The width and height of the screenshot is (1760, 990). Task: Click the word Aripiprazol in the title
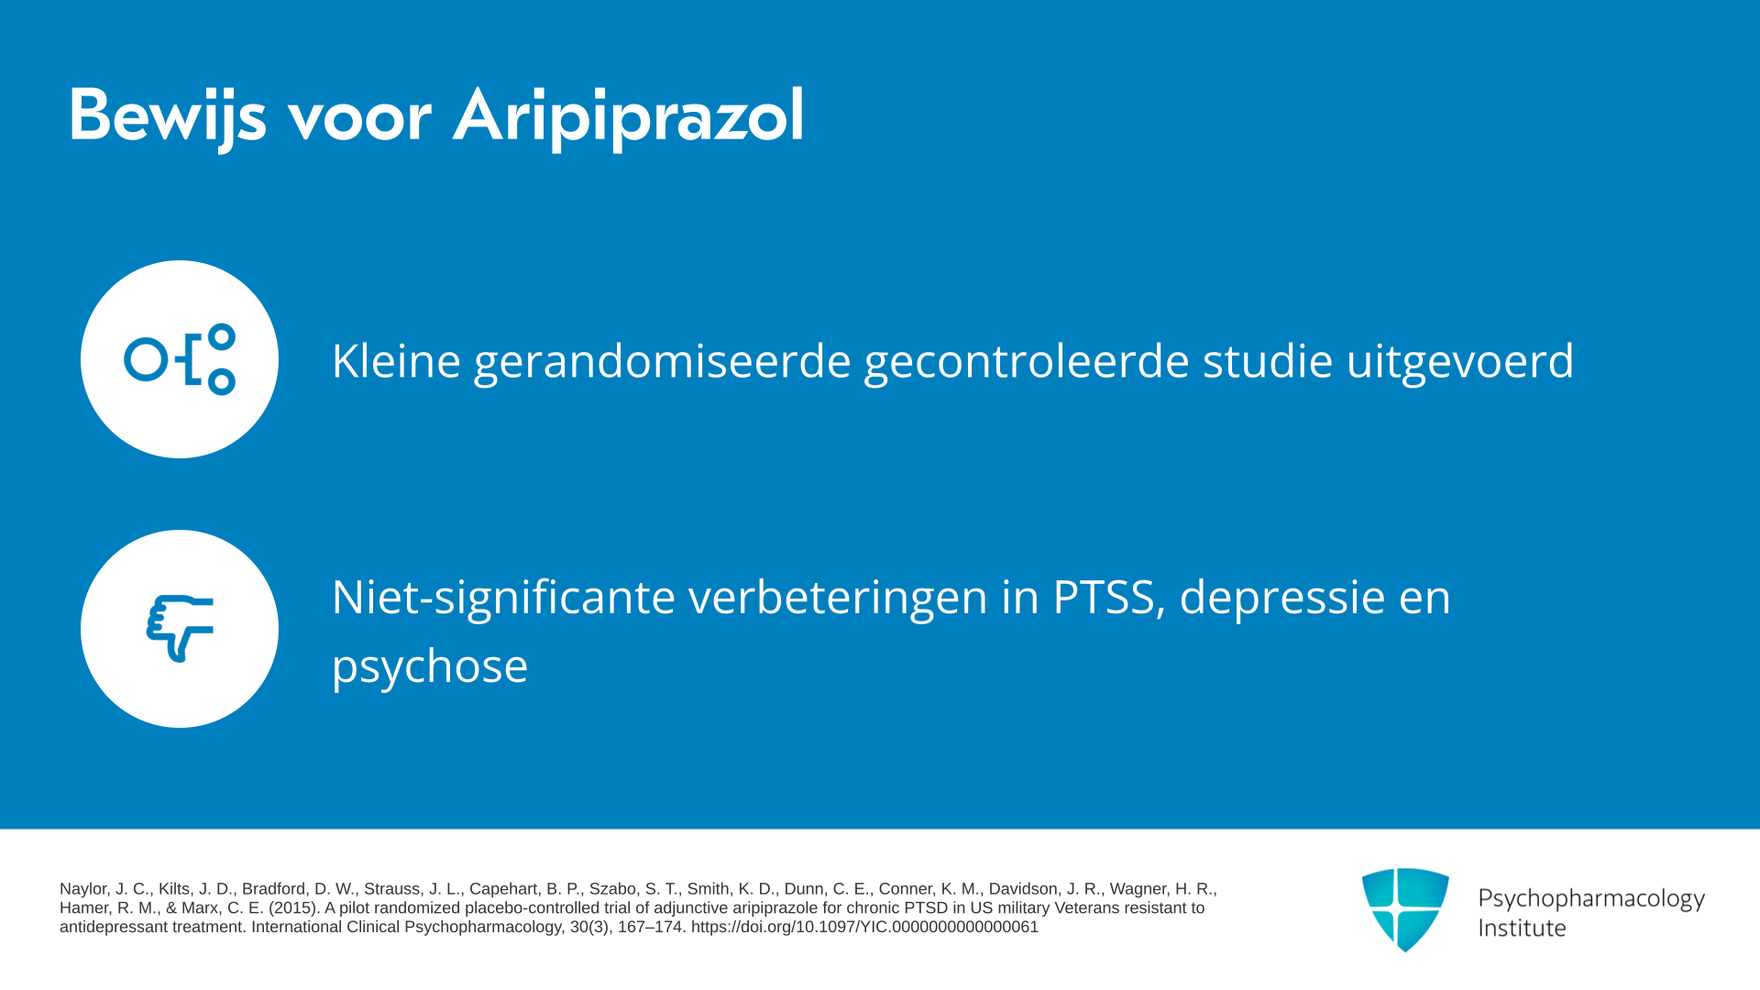[629, 117]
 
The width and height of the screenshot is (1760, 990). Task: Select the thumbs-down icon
[180, 628]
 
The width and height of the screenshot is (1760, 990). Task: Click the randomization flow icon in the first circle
[180, 359]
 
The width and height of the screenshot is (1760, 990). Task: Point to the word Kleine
[396, 360]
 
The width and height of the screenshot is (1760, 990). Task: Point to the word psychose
[430, 667]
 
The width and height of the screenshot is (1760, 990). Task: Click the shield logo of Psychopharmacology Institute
[1405, 909]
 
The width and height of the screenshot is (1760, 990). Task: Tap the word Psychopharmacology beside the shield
[1591, 899]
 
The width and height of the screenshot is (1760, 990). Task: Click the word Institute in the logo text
[1522, 928]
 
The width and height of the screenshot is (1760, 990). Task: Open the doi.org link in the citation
[864, 927]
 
